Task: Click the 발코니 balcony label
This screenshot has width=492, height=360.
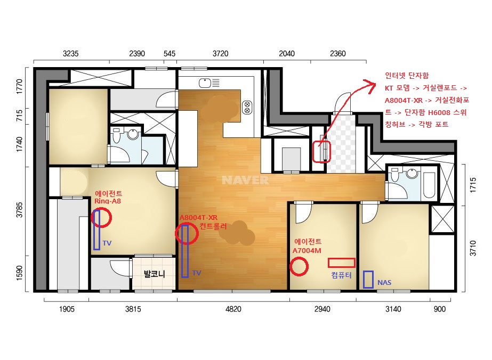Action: pyautogui.click(x=154, y=274)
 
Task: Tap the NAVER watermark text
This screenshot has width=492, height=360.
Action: pyautogui.click(x=245, y=180)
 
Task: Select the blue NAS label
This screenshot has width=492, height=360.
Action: pyautogui.click(x=384, y=283)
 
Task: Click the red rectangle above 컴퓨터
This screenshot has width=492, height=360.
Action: pyautogui.click(x=341, y=263)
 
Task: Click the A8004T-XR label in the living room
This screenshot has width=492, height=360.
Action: pyautogui.click(x=198, y=217)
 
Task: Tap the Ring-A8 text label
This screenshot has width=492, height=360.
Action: pyautogui.click(x=108, y=201)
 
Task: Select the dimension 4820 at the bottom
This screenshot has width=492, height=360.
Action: pyautogui.click(x=233, y=309)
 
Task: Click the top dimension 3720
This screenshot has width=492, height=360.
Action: pyautogui.click(x=220, y=54)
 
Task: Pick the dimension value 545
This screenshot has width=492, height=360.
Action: pyautogui.click(x=169, y=54)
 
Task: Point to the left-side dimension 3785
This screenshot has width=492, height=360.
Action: pyautogui.click(x=19, y=210)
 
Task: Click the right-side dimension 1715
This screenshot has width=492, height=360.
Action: pyautogui.click(x=473, y=185)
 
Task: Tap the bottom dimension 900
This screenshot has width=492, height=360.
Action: pyautogui.click(x=439, y=309)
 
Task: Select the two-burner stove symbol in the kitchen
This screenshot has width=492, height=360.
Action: pyautogui.click(x=247, y=108)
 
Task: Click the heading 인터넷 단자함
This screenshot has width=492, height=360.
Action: pyautogui.click(x=407, y=76)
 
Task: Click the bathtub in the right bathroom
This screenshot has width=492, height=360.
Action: pyautogui.click(x=430, y=185)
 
